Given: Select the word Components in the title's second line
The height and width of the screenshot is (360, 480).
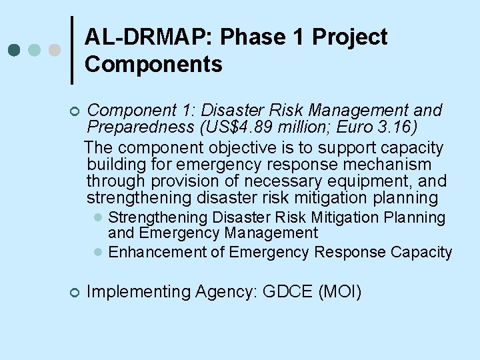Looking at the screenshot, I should pyautogui.click(x=154, y=65).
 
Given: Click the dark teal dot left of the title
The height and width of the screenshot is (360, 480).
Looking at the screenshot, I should pyautogui.click(x=14, y=50).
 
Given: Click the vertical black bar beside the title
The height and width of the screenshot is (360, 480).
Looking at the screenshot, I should pyautogui.click(x=72, y=50).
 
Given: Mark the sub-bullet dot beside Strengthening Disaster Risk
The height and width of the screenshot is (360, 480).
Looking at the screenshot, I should pyautogui.click(x=97, y=218).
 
